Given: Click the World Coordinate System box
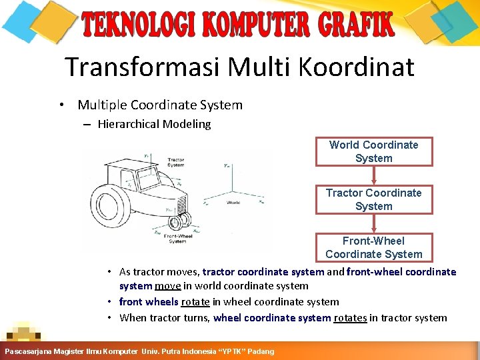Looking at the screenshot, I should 373,151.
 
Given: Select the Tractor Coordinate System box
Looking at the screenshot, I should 373,199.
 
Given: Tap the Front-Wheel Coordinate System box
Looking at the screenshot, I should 373,247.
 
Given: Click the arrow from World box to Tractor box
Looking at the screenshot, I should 374,175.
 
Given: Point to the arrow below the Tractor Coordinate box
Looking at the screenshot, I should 374,223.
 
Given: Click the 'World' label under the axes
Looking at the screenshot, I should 233,202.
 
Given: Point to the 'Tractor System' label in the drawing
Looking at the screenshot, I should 176,163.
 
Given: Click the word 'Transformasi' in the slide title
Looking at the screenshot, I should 143,67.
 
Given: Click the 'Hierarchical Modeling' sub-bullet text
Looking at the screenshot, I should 154,124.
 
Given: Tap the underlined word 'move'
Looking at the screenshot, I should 166,286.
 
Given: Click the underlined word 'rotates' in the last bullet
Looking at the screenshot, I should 350,318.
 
